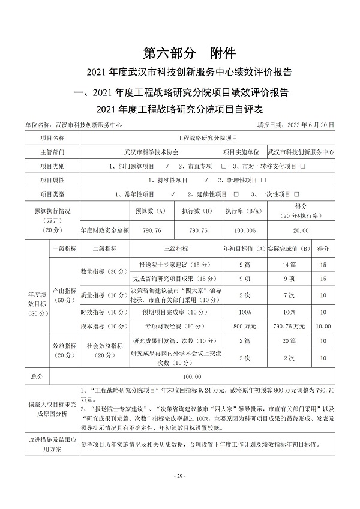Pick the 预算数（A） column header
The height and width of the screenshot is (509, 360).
coord(151,211)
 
